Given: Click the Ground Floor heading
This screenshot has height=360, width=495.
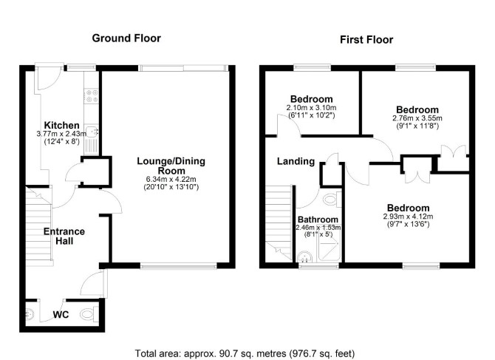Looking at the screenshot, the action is [126, 38].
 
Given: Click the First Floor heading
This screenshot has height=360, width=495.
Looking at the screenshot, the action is [366, 40].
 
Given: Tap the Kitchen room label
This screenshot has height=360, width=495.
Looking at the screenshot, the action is [61, 125].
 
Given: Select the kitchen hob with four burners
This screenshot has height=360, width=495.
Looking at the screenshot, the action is [92, 96].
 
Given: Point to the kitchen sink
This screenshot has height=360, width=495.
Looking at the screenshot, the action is [92, 131].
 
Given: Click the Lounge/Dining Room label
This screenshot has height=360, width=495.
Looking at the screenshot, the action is [171, 166].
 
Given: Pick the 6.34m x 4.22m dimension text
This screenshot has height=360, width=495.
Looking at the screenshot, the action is [171, 180].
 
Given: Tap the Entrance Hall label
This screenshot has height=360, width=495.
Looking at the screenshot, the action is [64, 237].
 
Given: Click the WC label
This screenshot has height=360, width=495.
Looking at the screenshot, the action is [61, 315].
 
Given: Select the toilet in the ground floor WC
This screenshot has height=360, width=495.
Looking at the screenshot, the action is [89, 314].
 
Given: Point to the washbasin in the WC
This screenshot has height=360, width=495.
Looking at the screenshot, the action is [30, 314].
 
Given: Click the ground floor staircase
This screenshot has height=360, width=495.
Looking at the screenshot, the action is [38, 223].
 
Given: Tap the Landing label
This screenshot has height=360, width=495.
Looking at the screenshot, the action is [296, 161].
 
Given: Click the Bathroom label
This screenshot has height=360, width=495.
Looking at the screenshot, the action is [318, 220].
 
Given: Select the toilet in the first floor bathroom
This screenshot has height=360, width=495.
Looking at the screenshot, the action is [332, 200].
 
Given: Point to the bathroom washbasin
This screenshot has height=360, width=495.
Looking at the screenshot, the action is [304, 257].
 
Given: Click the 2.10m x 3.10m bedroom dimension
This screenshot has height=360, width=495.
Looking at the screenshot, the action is [311, 108].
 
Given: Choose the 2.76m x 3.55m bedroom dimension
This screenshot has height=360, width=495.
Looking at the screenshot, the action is [417, 118].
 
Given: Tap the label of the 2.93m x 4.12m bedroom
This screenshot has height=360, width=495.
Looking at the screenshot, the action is [408, 208].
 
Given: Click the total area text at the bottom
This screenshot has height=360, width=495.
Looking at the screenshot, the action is [245, 353].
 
